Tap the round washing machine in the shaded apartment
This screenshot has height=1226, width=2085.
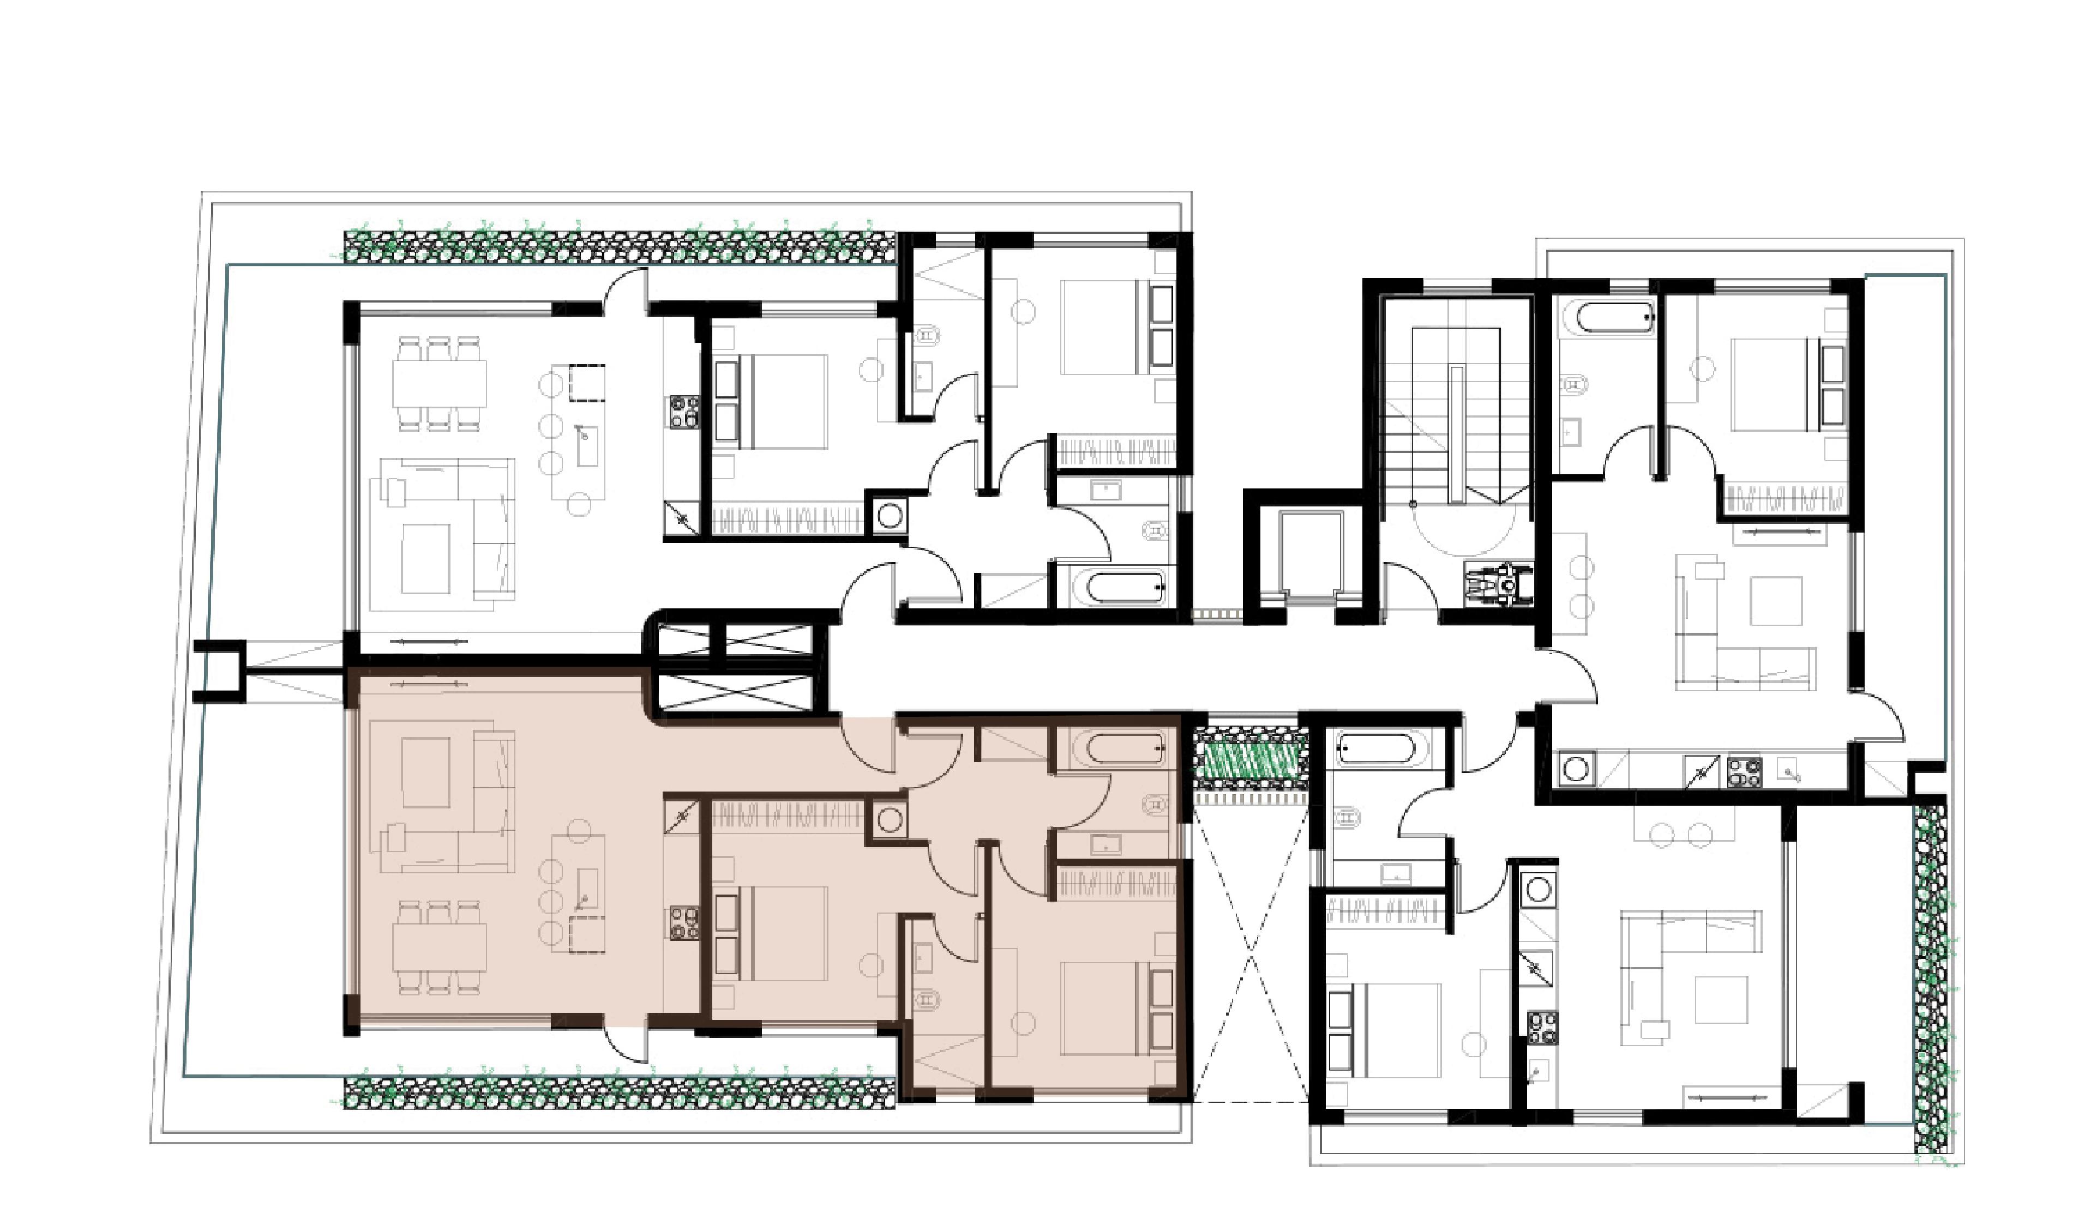890,820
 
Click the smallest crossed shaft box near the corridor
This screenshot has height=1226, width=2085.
692,641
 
